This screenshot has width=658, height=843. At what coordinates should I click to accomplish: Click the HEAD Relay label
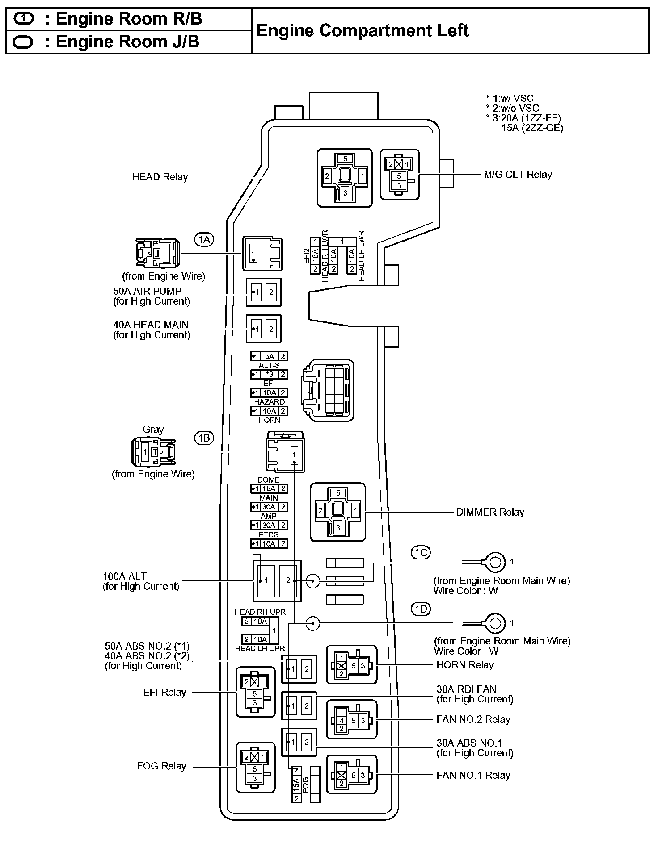160,177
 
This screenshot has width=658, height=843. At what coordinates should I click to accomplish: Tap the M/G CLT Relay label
518,175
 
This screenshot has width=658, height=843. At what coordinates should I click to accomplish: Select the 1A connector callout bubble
204,240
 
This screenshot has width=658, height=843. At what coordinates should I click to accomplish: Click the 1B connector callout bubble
204,438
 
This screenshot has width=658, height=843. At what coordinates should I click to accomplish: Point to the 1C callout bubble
421,553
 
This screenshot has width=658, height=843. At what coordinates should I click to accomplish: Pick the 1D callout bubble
421,609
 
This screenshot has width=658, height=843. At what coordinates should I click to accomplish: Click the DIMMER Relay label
490,512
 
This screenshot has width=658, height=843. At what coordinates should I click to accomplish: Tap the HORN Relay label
465,665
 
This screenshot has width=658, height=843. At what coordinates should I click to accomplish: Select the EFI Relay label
164,692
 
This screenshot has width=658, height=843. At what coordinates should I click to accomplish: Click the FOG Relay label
161,766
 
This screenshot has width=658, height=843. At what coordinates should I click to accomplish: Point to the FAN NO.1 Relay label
473,775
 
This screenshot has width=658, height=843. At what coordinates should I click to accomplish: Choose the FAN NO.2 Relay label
473,719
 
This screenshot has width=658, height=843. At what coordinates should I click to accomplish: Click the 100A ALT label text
125,576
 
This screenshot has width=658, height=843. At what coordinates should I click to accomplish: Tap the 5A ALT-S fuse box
269,356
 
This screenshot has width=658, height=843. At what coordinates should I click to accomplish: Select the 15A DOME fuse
269,488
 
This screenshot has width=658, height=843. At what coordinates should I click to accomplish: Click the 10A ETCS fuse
269,543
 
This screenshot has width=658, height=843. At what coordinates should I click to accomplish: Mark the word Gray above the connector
153,430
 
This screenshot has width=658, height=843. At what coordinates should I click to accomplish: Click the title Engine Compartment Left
363,31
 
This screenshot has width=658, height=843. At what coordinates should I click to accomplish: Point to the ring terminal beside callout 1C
494,562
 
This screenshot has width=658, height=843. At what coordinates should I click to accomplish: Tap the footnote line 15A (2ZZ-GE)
532,128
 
